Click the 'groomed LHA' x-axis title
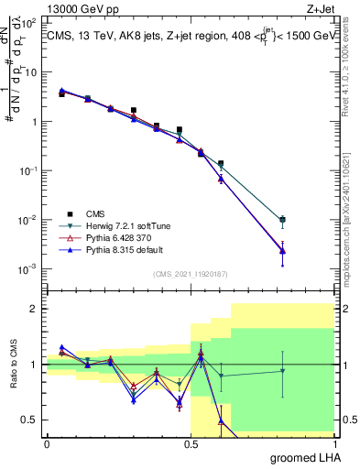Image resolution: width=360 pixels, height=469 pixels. pos(307,457)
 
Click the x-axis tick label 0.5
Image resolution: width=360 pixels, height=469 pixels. pos(192,443)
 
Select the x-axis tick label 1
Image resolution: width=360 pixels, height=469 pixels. pos(338,443)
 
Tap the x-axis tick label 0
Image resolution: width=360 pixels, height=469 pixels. pos(47,443)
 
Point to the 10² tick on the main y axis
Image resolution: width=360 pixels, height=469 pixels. pos(28,72)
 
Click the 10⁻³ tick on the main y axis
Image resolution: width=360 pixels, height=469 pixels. pos(28,268)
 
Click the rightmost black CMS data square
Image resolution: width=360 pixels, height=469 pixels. pos(309,220)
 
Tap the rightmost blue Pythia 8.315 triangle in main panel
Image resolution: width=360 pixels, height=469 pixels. pos(309,250)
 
